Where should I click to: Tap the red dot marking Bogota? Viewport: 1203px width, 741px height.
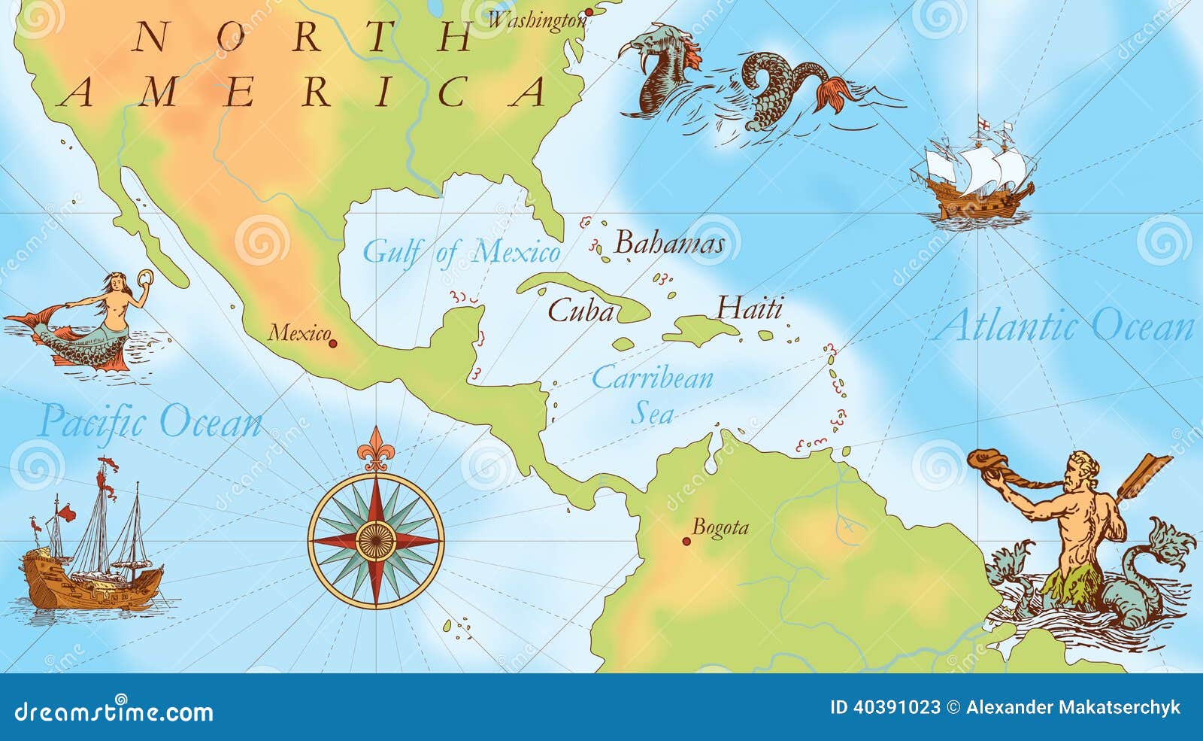[686, 541]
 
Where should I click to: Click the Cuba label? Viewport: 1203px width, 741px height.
[580, 311]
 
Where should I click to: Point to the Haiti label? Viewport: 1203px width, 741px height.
[749, 308]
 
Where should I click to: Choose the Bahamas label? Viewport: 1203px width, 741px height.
[669, 243]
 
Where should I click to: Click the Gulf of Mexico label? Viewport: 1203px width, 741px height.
[461, 253]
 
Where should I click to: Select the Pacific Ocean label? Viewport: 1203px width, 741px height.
[150, 421]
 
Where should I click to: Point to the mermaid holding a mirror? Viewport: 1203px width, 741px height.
[98, 323]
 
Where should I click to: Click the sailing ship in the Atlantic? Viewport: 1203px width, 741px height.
[974, 173]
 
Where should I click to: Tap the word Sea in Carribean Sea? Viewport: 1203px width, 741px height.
[651, 413]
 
